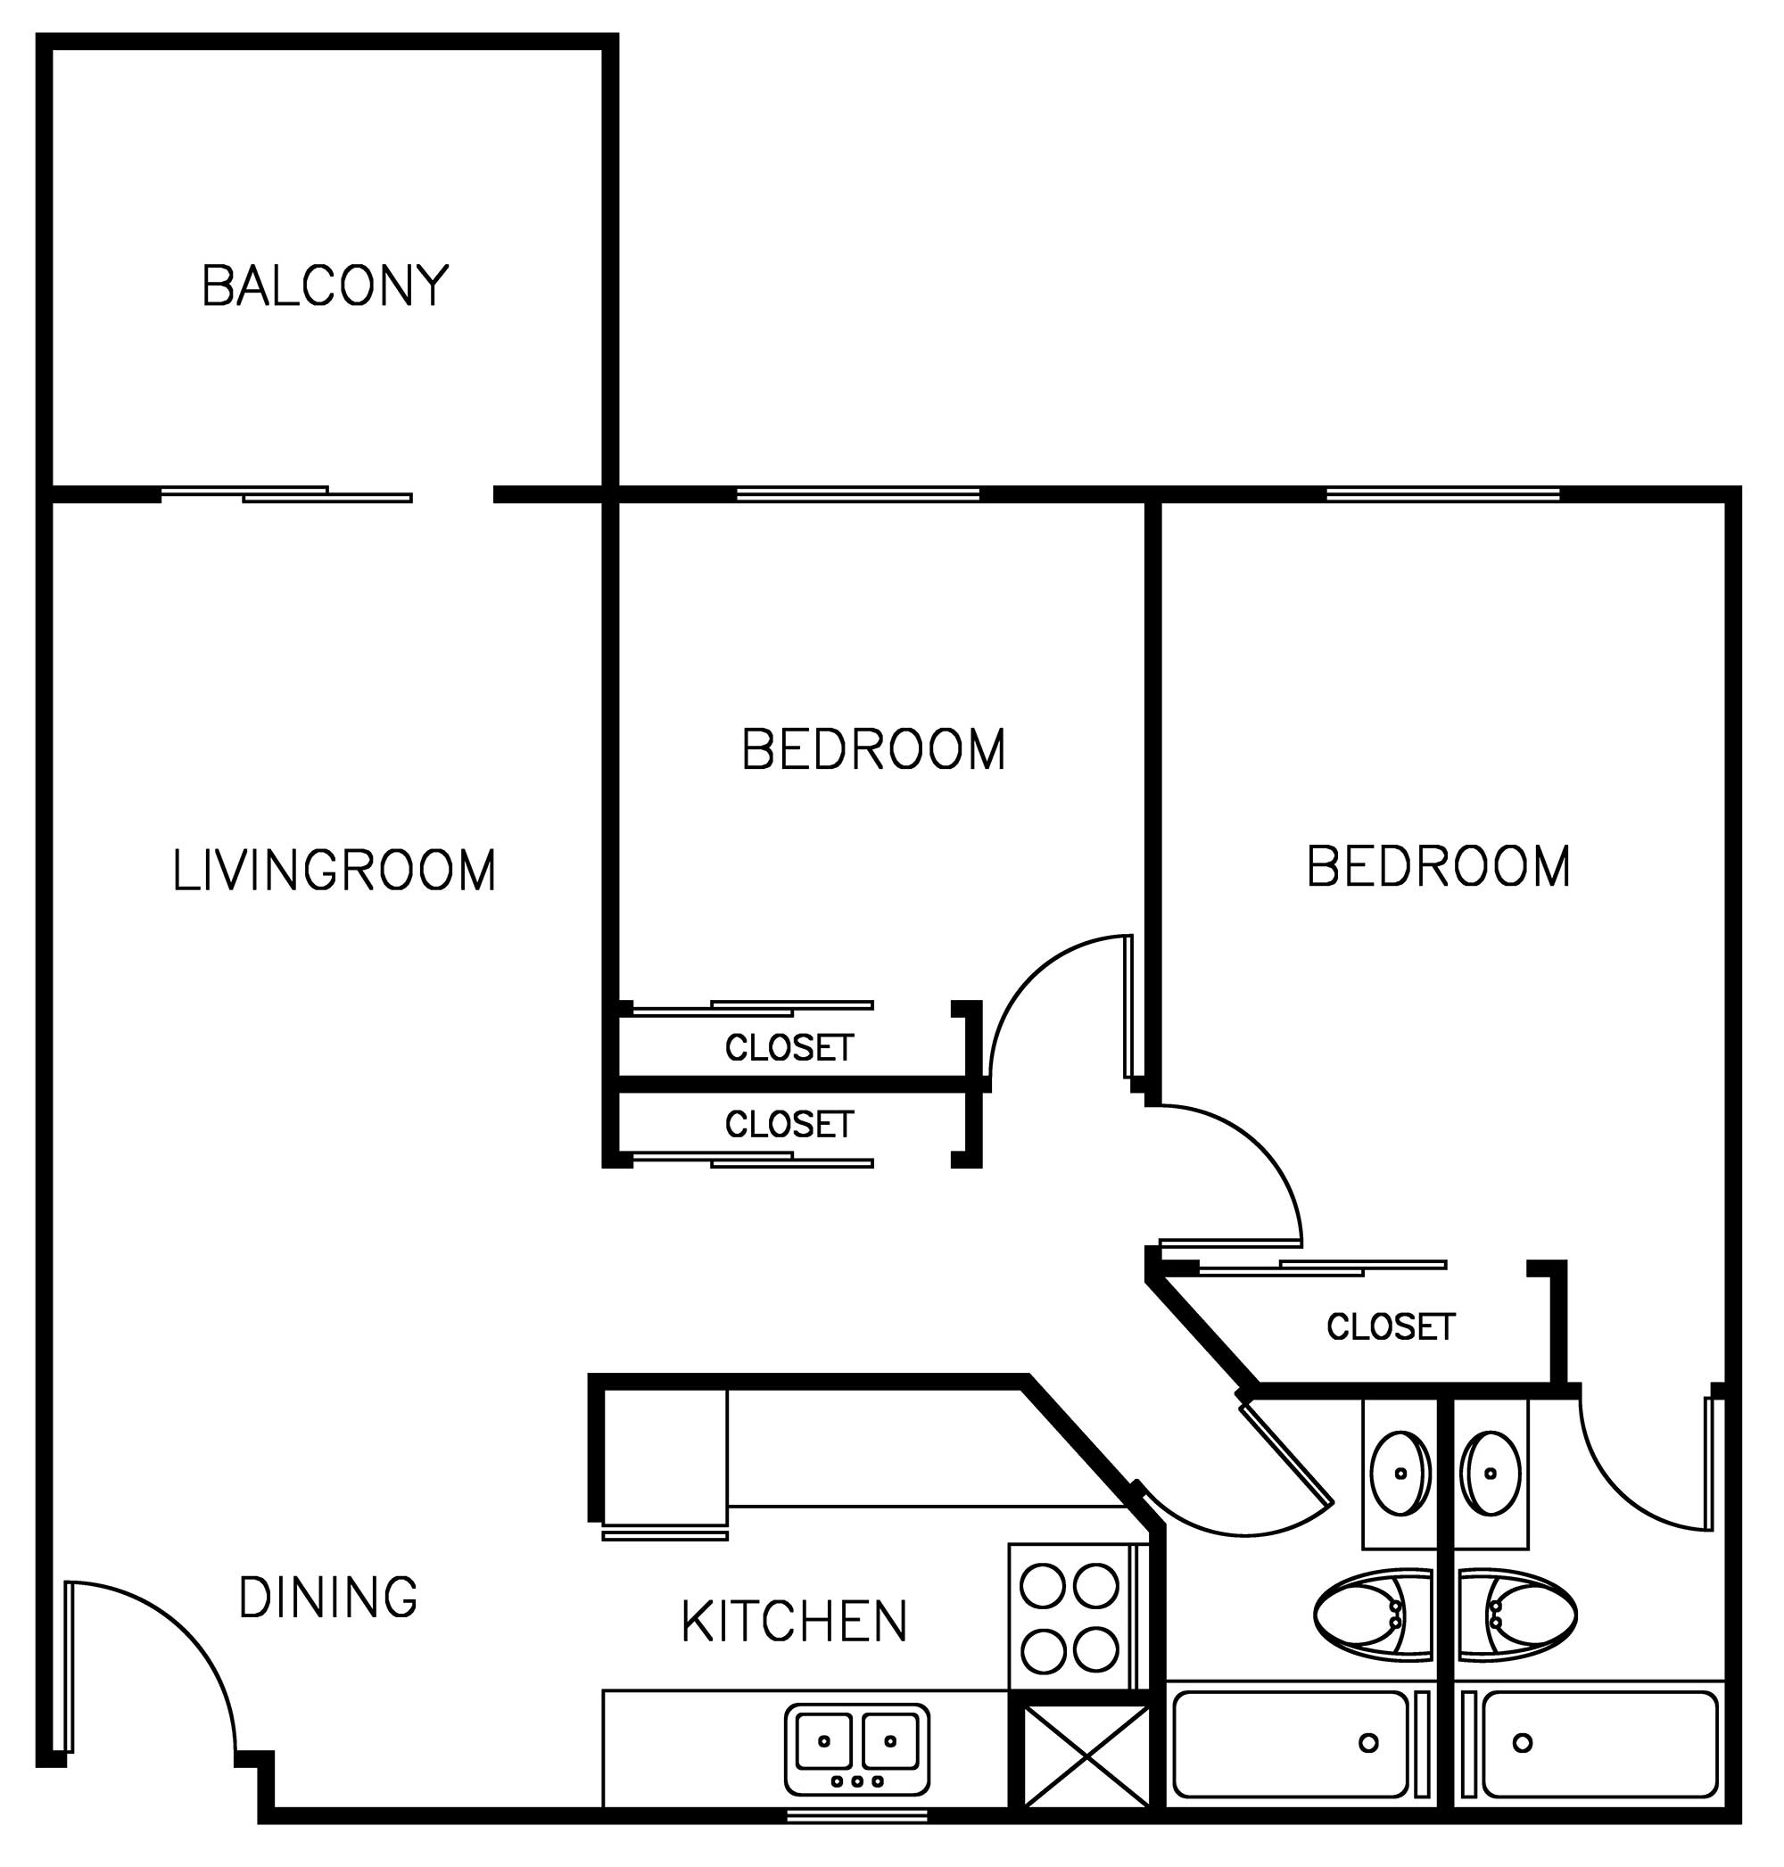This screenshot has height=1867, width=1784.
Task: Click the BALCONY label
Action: tap(326, 285)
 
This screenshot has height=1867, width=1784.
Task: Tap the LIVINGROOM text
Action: tap(334, 871)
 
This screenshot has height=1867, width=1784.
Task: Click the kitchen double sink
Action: tap(857, 1750)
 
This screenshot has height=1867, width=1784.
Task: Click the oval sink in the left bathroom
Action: tap(1400, 1474)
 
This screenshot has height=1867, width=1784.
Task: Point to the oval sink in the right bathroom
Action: tap(1491, 1474)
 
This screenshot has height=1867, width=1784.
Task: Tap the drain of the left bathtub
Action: tap(1368, 1743)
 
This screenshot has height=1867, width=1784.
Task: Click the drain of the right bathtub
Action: tap(1523, 1743)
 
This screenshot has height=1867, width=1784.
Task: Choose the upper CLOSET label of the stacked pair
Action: tap(789, 1048)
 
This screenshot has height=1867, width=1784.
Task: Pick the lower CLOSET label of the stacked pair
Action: tap(789, 1125)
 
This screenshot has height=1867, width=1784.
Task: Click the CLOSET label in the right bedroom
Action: tap(1392, 1327)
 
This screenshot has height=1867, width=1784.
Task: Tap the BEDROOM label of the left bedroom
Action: tap(873, 749)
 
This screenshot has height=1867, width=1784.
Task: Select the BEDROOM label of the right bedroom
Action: tap(1439, 866)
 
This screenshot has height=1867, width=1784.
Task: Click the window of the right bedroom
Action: tap(1443, 493)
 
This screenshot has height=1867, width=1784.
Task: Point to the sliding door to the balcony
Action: tap(286, 493)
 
